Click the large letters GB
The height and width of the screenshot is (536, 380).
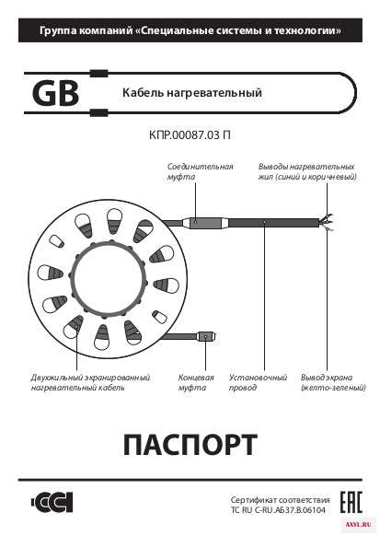[55, 93]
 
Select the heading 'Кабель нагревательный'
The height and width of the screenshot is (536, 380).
[192, 93]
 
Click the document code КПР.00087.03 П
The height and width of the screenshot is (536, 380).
[190, 135]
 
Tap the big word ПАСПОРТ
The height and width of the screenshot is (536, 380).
[190, 445]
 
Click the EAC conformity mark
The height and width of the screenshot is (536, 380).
[351, 503]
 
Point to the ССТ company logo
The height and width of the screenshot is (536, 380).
[52, 503]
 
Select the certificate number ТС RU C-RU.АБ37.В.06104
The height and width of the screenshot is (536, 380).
[278, 510]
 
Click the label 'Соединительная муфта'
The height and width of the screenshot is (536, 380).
[200, 171]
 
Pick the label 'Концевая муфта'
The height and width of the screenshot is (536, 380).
[196, 382]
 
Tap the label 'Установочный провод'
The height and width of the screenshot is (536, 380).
[258, 382]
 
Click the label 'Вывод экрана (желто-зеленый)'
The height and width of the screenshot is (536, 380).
[333, 382]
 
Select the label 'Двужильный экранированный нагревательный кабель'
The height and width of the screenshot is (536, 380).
[90, 382]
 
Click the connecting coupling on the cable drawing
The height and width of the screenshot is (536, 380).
[202, 223]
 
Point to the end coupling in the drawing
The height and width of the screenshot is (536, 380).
[205, 337]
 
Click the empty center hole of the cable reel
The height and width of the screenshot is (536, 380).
[108, 278]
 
